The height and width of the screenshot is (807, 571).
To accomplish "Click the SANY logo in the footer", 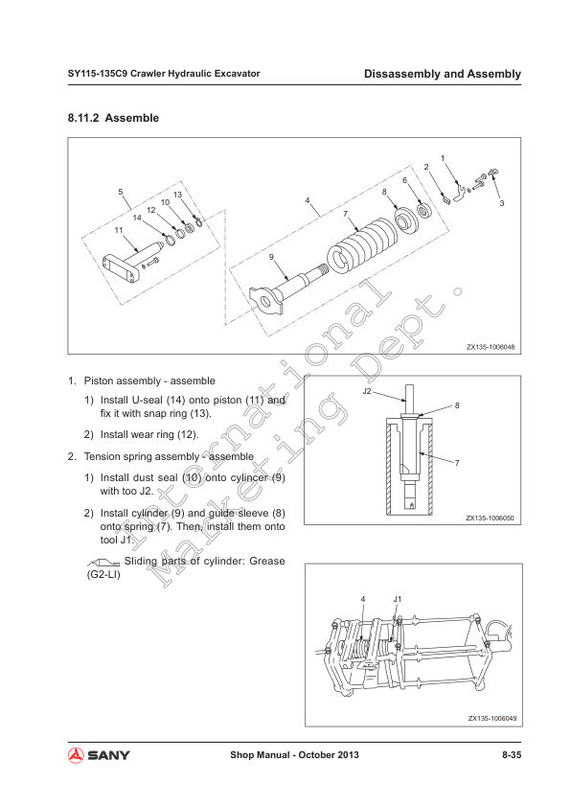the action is click(x=99, y=755).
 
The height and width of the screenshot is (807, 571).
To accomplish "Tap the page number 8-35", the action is click(x=512, y=755).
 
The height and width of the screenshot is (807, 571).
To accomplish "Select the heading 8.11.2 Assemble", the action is click(x=113, y=118).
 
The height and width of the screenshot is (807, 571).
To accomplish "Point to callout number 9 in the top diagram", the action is click(x=271, y=257).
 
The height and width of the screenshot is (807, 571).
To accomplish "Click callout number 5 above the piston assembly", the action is click(x=121, y=192).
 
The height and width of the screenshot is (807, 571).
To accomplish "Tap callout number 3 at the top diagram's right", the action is click(x=502, y=203).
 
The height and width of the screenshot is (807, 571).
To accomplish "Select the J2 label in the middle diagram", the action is click(x=367, y=391).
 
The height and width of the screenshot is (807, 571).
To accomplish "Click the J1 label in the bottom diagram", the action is click(x=398, y=599).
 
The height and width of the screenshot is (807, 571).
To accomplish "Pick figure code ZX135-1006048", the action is click(x=491, y=347).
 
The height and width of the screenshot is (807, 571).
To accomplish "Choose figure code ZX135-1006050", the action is click(x=490, y=518).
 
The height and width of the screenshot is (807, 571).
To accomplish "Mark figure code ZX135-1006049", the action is click(x=492, y=718).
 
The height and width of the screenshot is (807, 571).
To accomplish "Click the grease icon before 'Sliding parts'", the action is click(x=103, y=562).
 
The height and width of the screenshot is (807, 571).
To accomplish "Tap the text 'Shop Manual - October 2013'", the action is click(x=294, y=755).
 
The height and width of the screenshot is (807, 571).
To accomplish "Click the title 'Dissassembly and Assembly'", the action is click(x=443, y=74).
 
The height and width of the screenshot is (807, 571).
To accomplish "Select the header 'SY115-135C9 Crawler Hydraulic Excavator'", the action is click(x=164, y=74).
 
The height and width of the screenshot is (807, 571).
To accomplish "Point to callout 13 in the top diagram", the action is click(x=177, y=195).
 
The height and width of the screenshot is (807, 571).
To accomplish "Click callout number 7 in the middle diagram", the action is click(x=457, y=463).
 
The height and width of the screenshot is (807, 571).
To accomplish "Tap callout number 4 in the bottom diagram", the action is click(x=363, y=599).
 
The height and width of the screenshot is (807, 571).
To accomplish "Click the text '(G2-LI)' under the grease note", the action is click(x=103, y=574).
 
